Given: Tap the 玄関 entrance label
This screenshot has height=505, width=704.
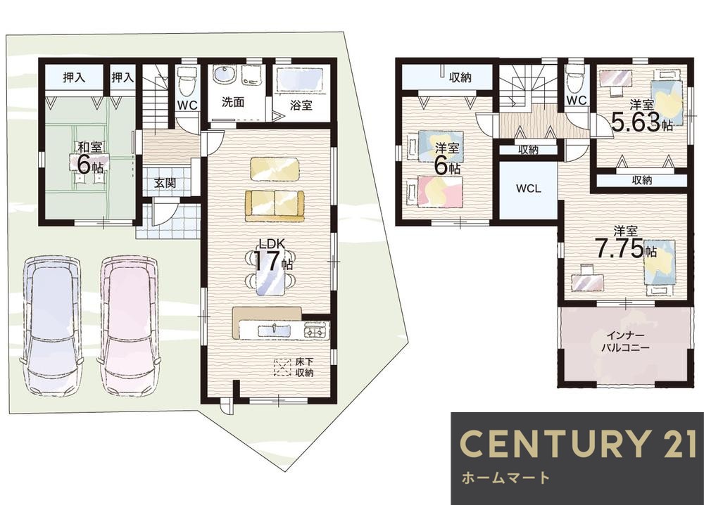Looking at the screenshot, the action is pos(165,183).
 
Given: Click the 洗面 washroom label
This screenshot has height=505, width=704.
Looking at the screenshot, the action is pos(233,102).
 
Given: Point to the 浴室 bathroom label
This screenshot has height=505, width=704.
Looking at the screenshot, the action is pos(301,106).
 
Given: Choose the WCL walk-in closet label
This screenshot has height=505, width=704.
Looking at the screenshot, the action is pos(529,188).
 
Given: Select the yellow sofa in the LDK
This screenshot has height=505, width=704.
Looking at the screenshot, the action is pos(275,205).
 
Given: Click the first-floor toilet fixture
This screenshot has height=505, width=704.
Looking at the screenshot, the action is pos(185,80).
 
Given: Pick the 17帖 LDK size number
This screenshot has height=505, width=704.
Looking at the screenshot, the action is pos(268,260).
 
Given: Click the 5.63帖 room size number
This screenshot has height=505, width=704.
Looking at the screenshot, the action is pos(637,121).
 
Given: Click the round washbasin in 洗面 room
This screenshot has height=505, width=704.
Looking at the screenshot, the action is pos(223,75).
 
